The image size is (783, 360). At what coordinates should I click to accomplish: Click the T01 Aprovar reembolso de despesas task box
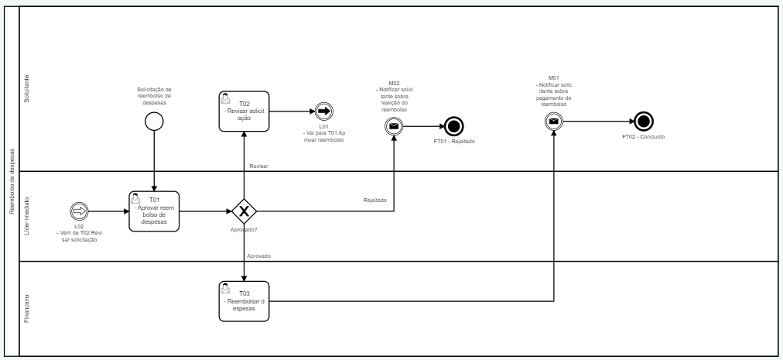point(155,211)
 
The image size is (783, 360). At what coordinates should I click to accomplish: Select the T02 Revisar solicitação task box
point(244,111)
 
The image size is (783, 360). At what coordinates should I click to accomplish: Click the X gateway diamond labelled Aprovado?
point(244,211)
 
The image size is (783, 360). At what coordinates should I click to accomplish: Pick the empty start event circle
point(155,122)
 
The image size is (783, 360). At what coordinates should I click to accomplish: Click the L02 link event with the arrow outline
point(79,211)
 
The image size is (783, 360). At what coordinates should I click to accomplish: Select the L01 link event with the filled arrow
point(324,111)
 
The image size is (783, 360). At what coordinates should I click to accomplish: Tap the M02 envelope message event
point(394,125)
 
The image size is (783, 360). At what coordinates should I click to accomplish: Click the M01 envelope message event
point(553,121)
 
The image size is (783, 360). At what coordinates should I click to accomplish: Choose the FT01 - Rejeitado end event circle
point(453,125)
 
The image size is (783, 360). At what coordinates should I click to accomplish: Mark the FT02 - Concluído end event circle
point(643,121)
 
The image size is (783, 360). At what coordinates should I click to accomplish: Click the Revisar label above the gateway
point(258,166)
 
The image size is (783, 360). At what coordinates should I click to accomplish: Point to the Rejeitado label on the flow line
point(374,201)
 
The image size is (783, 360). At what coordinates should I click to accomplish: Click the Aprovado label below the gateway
point(258,255)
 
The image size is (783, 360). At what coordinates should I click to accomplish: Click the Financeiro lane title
point(27,307)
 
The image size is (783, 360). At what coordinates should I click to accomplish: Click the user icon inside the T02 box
point(225,98)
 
